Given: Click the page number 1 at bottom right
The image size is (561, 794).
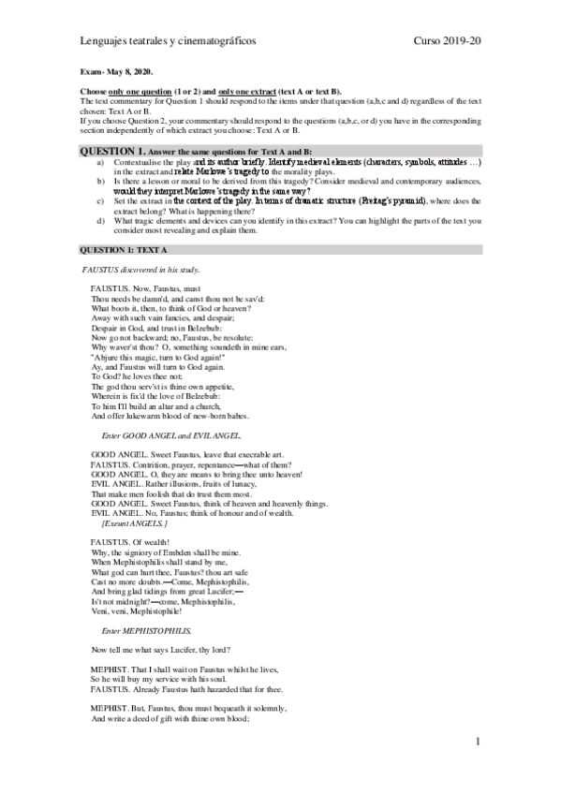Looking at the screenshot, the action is [478, 743].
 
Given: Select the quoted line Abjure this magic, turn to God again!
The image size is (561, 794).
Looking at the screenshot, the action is [155, 355].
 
